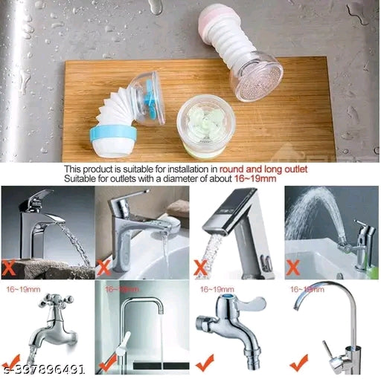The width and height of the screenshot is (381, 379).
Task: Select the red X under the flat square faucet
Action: click(x=200, y=266)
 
